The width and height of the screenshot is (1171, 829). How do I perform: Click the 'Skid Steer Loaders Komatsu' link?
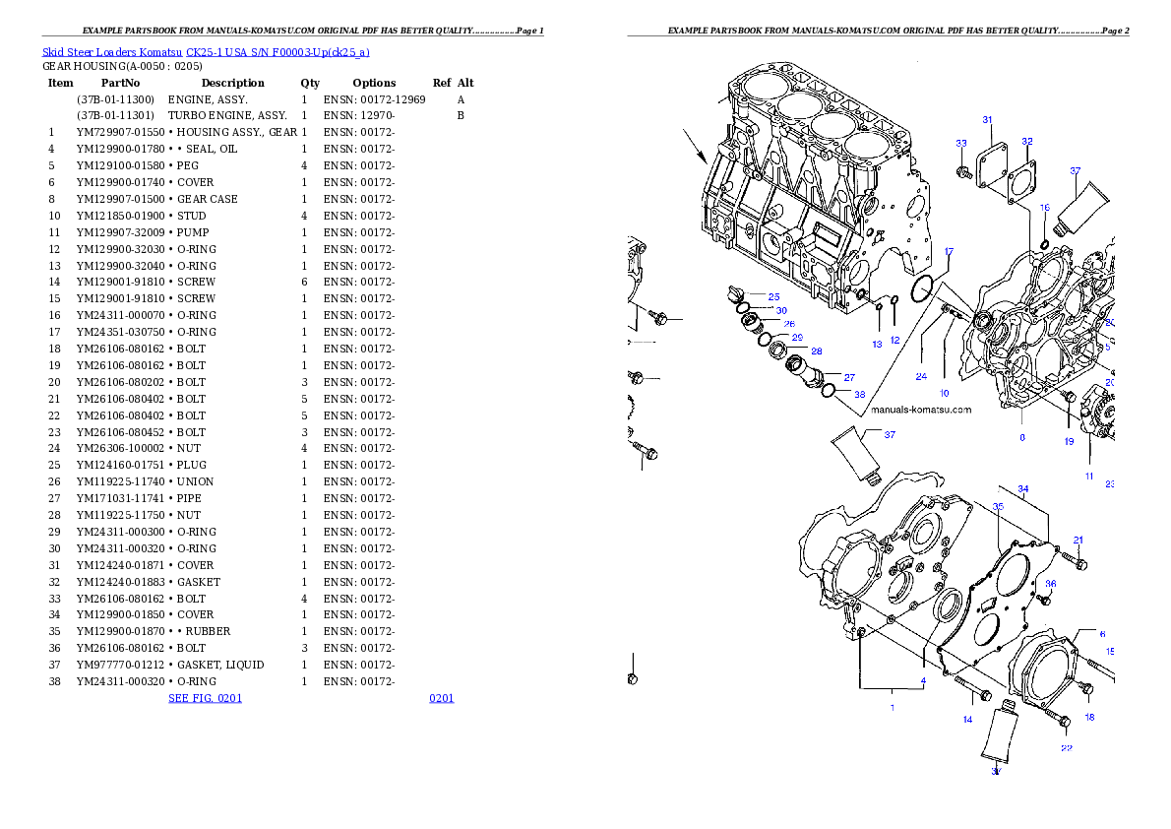[112, 52]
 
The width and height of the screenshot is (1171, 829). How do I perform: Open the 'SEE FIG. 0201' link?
[206, 698]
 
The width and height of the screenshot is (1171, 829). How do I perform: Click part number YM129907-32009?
[120, 232]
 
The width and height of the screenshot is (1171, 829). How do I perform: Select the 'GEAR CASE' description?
[208, 199]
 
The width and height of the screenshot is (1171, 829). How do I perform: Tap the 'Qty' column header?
[310, 83]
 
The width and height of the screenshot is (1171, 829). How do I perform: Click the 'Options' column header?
[374, 83]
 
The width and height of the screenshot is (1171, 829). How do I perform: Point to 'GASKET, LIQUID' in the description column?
[220, 665]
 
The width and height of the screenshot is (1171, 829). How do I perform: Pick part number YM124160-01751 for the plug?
[120, 465]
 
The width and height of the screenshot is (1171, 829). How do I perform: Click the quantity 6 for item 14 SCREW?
[304, 282]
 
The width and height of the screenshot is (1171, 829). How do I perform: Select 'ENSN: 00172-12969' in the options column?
[374, 99]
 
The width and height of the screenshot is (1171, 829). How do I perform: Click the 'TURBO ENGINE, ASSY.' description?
[227, 116]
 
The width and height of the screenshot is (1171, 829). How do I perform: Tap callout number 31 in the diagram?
[987, 119]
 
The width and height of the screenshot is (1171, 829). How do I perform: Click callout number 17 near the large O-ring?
[949, 252]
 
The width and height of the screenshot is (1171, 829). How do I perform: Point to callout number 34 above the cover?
[1023, 489]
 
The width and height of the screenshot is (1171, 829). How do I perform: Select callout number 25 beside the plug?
[773, 296]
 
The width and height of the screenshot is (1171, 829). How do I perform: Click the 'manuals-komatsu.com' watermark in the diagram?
[922, 410]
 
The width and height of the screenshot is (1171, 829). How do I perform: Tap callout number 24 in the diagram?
[922, 377]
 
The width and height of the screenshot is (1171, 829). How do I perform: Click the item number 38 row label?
[54, 681]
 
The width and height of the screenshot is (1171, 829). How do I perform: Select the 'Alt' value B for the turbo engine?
[461, 116]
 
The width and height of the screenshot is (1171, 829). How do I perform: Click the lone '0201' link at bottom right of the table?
[442, 698]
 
